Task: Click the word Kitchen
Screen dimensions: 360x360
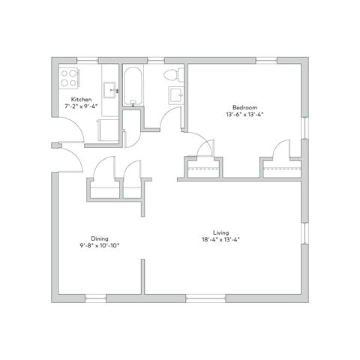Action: (82, 99)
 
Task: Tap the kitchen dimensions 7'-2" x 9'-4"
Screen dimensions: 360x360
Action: (82, 106)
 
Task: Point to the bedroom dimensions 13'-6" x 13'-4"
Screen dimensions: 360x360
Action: (244, 115)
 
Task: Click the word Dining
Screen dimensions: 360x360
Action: (100, 237)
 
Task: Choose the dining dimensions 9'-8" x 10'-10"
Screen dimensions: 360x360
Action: (100, 244)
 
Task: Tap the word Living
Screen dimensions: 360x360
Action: (220, 232)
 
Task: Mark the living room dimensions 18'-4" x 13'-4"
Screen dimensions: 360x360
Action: (220, 239)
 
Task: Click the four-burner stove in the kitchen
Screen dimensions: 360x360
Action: (69, 77)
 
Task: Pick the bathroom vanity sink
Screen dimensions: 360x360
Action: (176, 94)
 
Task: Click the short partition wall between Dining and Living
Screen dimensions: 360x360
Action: (142, 277)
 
